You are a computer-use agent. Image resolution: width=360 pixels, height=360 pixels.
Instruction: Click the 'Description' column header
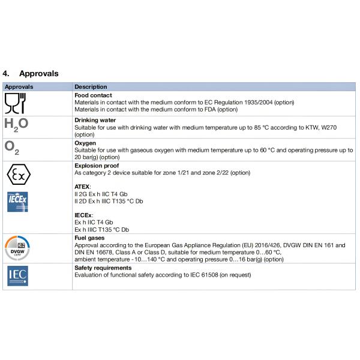[91, 87]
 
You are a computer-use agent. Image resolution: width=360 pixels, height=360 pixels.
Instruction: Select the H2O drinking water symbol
[16, 125]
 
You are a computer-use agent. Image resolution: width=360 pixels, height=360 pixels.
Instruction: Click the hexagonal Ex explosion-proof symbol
[18, 176]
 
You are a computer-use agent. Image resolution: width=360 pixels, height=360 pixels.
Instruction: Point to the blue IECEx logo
[17, 202]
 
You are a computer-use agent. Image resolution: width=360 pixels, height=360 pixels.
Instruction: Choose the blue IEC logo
[17, 275]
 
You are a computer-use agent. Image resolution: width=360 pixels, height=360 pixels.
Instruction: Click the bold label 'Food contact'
[93, 95]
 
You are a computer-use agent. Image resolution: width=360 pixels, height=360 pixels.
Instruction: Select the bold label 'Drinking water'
[95, 120]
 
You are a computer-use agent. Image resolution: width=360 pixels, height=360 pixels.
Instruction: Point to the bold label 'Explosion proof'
[97, 166]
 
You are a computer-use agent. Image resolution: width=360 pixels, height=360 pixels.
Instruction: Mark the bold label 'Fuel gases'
[89, 238]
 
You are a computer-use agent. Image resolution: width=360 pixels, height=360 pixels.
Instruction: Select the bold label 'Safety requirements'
[103, 268]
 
